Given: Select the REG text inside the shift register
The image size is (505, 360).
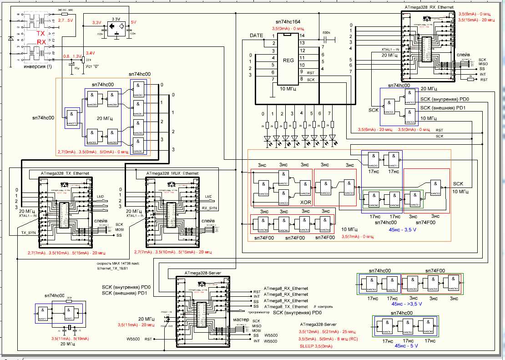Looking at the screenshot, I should (288, 60).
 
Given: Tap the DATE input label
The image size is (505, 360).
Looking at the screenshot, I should (257, 35).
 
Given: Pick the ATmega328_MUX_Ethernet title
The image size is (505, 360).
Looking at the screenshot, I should (172, 173).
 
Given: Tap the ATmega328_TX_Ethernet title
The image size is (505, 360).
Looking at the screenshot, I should (65, 173).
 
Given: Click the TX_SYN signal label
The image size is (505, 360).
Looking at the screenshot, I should (29, 232).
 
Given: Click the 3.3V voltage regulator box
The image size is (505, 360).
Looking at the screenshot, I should (115, 27).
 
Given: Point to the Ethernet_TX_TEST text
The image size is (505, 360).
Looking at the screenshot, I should (112, 268).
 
